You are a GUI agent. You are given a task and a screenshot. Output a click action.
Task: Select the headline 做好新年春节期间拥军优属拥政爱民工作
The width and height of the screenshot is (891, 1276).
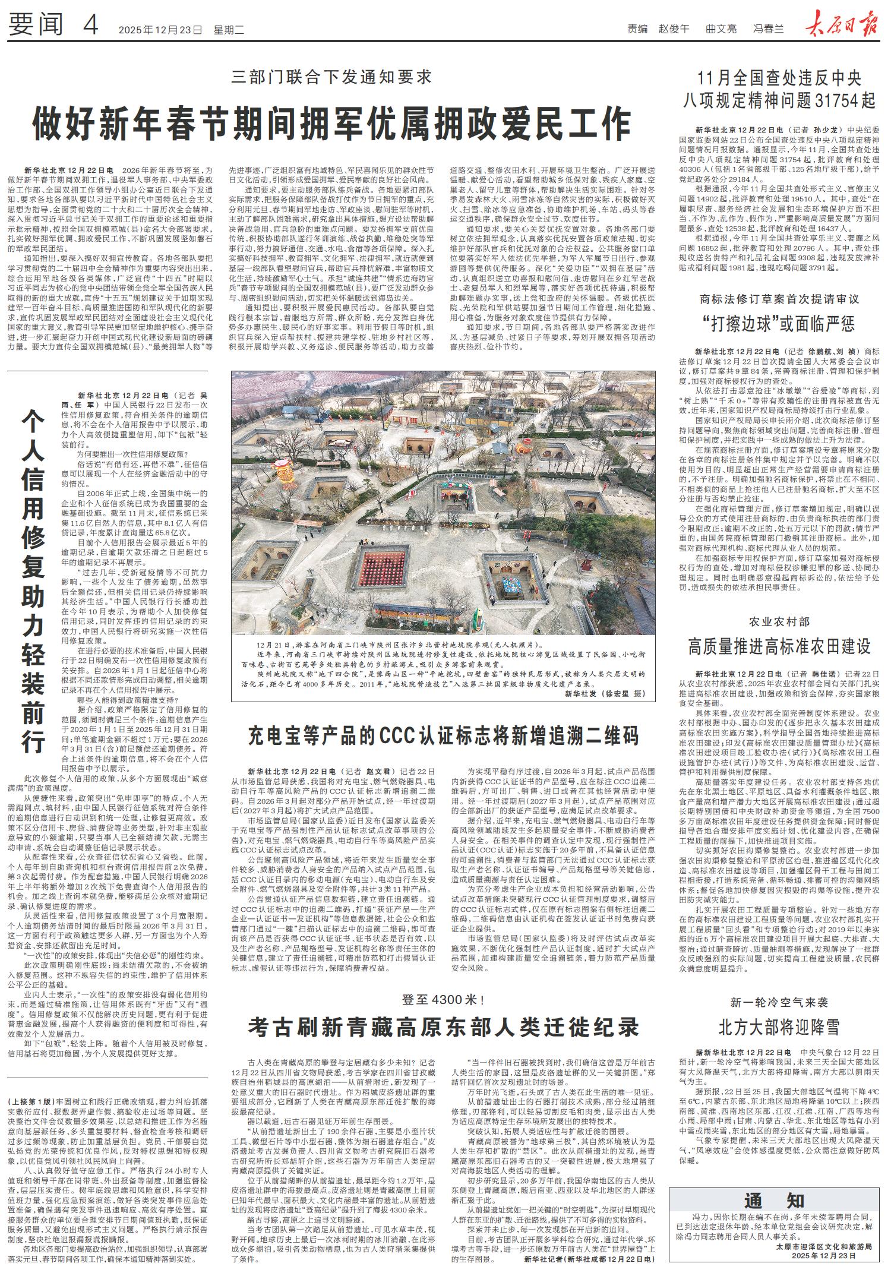331,123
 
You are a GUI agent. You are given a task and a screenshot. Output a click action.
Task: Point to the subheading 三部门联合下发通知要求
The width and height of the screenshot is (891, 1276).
331,77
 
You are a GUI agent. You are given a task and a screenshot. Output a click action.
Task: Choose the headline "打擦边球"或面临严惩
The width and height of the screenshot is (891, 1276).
779,324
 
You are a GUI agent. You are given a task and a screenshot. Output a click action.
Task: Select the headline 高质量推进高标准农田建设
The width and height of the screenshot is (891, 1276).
779,646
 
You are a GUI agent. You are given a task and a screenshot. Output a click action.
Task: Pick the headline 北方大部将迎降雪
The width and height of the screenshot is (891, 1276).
779,1027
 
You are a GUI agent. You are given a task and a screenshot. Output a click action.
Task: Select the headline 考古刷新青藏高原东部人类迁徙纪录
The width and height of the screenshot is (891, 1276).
444,1027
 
